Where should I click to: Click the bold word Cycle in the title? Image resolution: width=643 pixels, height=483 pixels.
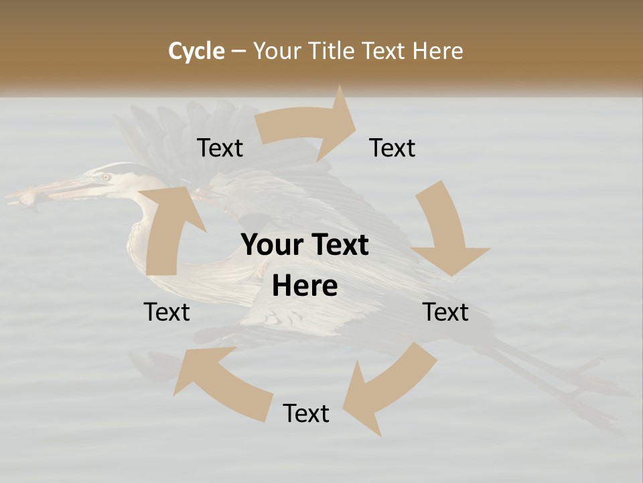[x=196, y=51]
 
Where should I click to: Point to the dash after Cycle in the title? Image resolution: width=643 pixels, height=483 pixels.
[x=239, y=52]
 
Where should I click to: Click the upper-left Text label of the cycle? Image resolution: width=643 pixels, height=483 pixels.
[x=220, y=148]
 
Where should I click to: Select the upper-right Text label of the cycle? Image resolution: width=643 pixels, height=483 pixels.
[x=392, y=148]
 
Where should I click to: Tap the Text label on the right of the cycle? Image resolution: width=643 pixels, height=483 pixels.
[x=445, y=312]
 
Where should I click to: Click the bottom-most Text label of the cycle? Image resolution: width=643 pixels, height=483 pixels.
[x=306, y=413]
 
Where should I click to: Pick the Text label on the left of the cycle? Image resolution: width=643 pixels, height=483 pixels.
[x=167, y=312]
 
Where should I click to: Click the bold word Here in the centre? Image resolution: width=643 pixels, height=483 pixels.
[x=305, y=286]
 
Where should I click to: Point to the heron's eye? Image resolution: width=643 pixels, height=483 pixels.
[x=106, y=177]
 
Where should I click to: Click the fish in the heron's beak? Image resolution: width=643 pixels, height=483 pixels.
[x=27, y=200]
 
